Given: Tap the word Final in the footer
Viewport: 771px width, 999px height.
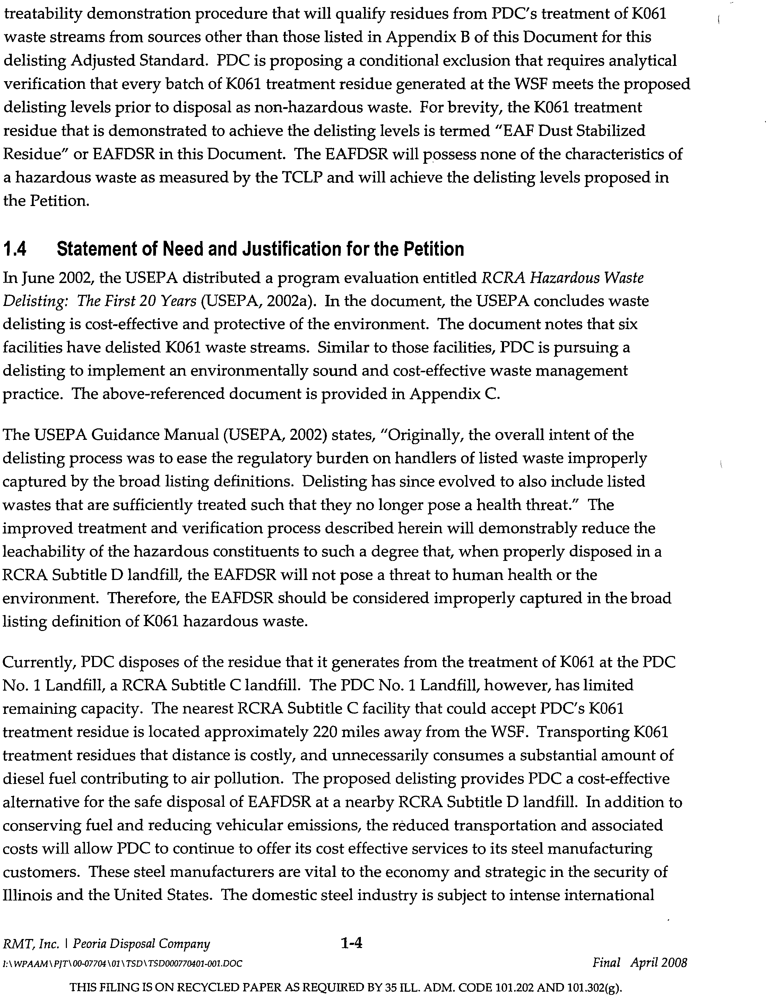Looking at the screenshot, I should pyautogui.click(x=606, y=963).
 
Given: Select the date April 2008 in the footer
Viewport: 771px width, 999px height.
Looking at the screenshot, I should pyautogui.click(x=659, y=963).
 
